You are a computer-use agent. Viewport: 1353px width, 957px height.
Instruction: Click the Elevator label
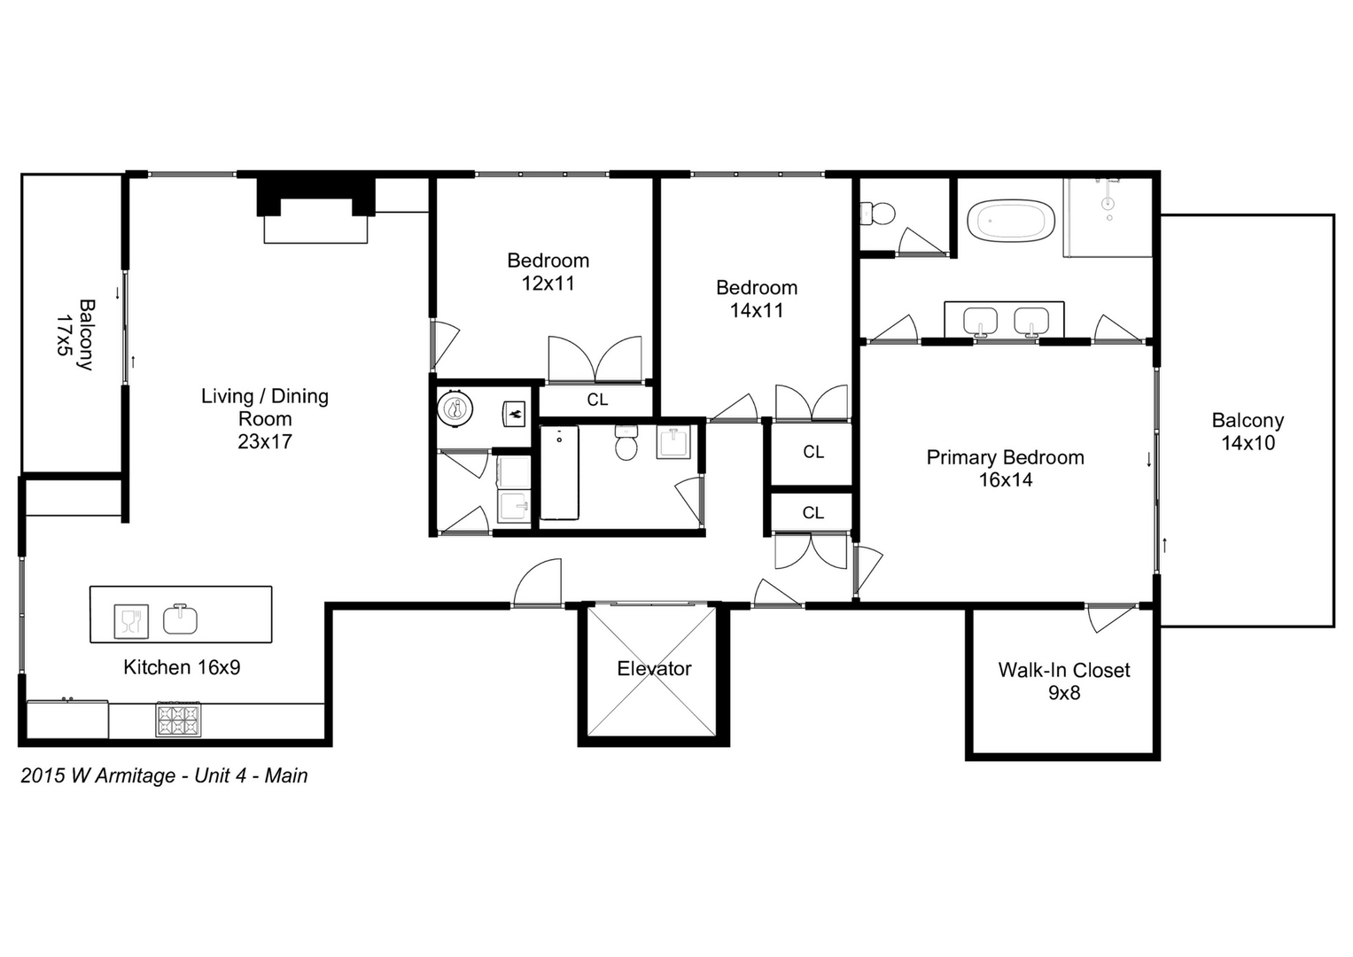654,669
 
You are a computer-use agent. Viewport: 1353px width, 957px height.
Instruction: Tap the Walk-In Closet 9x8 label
1063,681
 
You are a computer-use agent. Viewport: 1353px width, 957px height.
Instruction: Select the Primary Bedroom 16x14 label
1005,469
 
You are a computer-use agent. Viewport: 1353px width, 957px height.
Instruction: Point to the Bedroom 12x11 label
548,272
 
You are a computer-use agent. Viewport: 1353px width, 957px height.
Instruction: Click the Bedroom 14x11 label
756,299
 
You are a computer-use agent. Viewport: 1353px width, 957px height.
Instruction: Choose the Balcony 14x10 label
1248,432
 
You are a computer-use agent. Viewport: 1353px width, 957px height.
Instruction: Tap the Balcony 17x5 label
75,334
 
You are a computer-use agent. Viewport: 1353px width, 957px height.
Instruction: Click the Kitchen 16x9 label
182,667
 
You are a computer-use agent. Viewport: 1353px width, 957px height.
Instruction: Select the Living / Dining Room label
264,418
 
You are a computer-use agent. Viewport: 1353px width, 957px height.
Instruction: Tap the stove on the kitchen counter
178,719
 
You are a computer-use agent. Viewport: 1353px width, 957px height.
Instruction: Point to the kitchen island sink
180,619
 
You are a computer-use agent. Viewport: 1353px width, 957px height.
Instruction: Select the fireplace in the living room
315,213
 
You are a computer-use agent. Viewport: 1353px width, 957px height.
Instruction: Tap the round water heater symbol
455,409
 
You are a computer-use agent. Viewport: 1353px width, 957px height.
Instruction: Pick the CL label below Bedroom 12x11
597,400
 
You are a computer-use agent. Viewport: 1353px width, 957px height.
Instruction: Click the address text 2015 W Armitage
97,775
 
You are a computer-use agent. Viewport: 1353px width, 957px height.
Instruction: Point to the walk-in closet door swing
1108,619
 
